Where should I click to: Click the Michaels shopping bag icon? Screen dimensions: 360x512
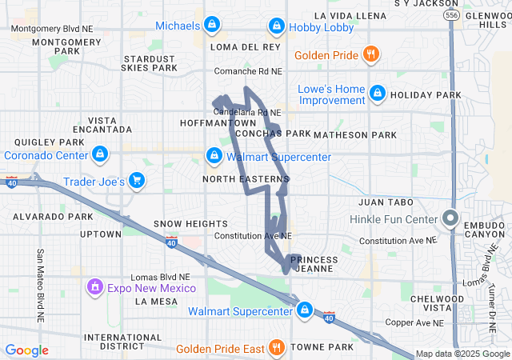211,26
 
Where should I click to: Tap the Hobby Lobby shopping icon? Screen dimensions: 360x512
276,26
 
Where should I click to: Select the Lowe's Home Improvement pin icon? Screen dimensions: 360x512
377,94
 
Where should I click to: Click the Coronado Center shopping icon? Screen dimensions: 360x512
99,154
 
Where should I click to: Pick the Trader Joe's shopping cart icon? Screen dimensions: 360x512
137,181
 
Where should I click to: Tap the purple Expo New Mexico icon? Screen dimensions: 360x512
94,286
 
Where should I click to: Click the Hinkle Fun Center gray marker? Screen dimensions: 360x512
450,218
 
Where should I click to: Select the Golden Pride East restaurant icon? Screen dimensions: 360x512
276,347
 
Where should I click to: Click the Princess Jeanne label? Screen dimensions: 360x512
314,265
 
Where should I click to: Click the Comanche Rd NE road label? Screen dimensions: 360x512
250,72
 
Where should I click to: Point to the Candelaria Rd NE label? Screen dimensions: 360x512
247,113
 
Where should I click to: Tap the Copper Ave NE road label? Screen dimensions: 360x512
413,322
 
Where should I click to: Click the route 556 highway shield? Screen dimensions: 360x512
453,15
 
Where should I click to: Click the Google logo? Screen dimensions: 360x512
27,350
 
